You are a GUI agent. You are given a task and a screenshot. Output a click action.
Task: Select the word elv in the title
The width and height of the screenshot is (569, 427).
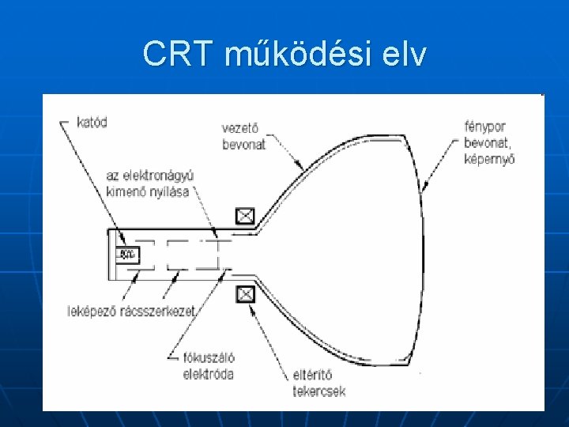(405, 54)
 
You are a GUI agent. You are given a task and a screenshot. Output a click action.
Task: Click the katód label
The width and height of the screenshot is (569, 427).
(92, 123)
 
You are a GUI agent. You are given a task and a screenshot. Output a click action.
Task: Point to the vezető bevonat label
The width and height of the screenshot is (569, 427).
(244, 136)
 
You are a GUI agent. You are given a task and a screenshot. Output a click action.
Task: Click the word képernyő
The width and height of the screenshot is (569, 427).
(490, 157)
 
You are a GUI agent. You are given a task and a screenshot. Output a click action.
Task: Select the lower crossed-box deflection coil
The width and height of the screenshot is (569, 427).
(246, 294)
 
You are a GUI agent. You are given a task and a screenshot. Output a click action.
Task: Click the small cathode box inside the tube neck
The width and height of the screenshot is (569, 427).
(126, 255)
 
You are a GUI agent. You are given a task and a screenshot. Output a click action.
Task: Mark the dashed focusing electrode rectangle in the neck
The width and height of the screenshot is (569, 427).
(192, 255)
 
